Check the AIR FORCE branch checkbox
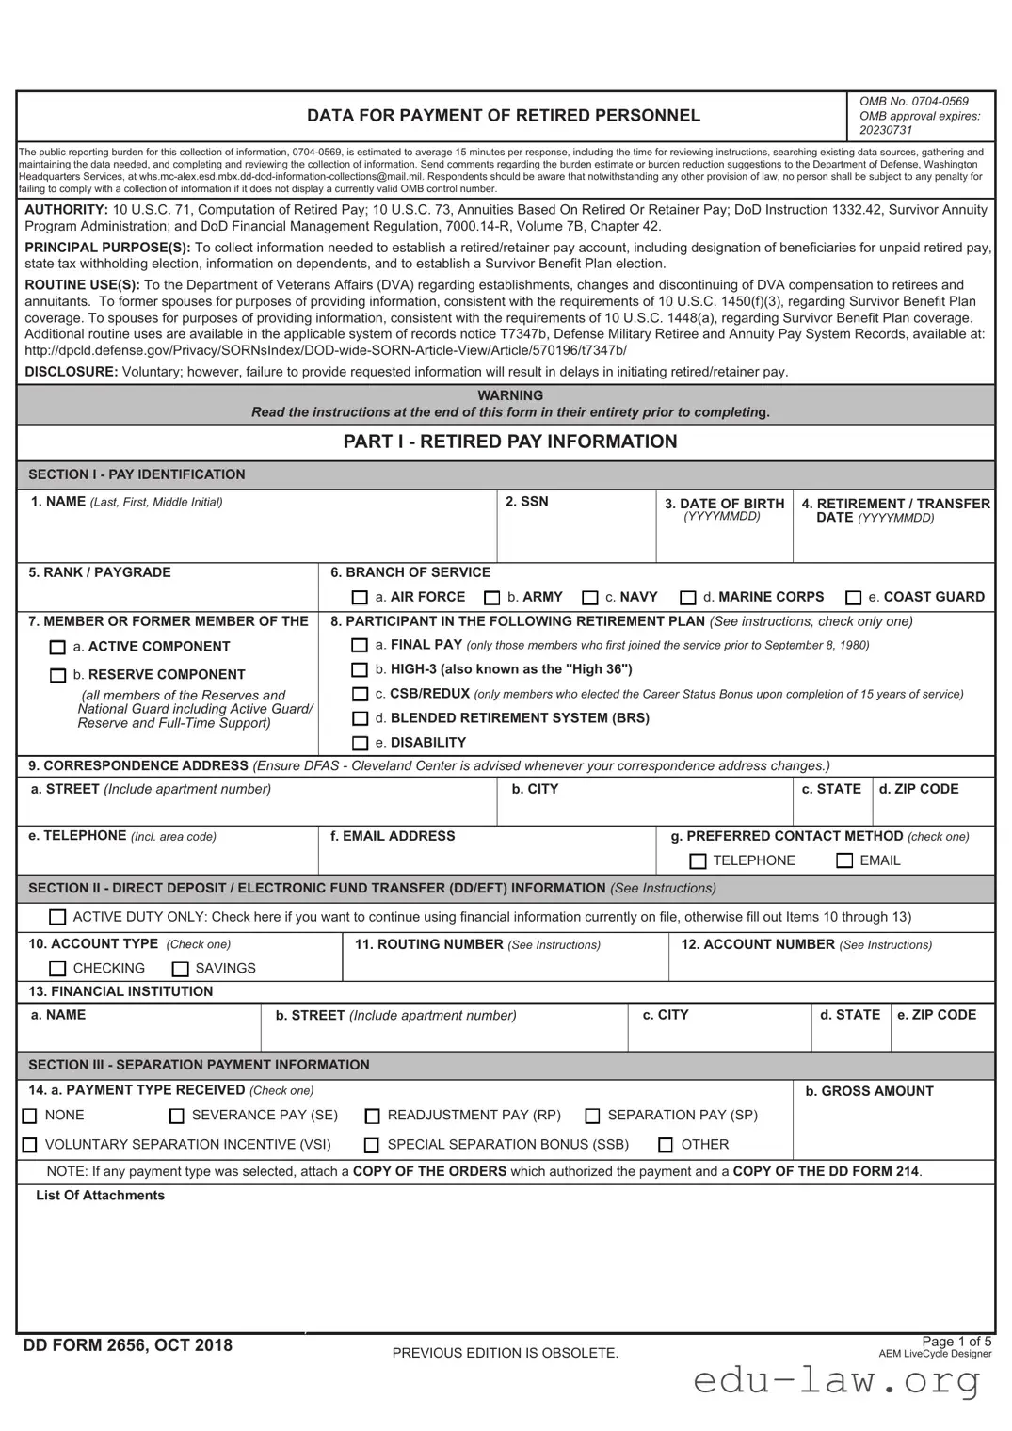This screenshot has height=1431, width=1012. tap(360, 598)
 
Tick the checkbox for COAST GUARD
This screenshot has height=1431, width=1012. tap(853, 598)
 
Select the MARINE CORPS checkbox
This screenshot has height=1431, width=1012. tap(688, 598)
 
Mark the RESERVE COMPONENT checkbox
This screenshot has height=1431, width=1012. tap(57, 675)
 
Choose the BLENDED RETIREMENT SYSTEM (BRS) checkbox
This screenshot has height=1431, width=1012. tap(360, 718)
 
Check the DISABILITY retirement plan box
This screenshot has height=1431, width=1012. tap(360, 743)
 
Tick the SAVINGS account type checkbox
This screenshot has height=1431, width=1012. tap(181, 969)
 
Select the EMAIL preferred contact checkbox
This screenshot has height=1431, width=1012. tap(844, 860)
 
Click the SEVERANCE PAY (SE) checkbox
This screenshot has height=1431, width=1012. tap(177, 1116)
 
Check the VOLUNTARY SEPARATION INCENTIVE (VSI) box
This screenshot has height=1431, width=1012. tap(29, 1145)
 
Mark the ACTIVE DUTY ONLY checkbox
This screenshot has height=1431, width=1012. tap(57, 917)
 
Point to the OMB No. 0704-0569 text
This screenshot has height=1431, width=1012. tap(913, 102)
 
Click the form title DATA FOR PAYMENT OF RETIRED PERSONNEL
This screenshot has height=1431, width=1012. tap(504, 116)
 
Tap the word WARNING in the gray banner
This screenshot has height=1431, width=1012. tap(510, 395)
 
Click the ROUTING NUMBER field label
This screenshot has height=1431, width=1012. tap(428, 944)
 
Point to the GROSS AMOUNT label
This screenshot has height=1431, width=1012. tap(869, 1091)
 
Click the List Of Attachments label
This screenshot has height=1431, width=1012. tap(100, 1196)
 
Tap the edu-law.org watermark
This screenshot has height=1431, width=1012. tap(837, 1381)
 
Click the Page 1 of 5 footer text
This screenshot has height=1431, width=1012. tap(956, 1342)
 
